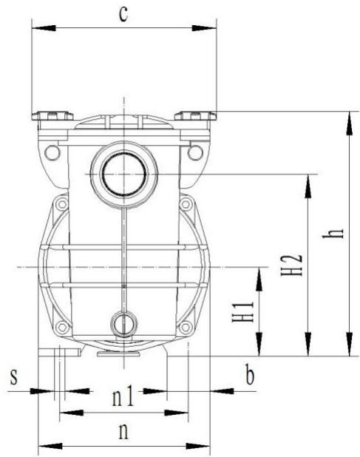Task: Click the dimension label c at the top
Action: pyautogui.click(x=123, y=15)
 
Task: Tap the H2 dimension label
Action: pyautogui.click(x=294, y=265)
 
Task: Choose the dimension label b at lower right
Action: pyautogui.click(x=250, y=376)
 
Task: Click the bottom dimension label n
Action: pyautogui.click(x=123, y=431)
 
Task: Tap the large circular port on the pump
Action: pyautogui.click(x=123, y=175)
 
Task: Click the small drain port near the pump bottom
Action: pyautogui.click(x=123, y=322)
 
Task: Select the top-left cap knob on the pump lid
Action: pyautogui.click(x=51, y=115)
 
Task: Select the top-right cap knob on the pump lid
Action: pyautogui.click(x=195, y=115)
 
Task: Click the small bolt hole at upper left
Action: pyautogui.click(x=51, y=152)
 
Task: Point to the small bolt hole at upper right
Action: pyautogui.click(x=195, y=152)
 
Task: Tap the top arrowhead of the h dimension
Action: pyautogui.click(x=345, y=120)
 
